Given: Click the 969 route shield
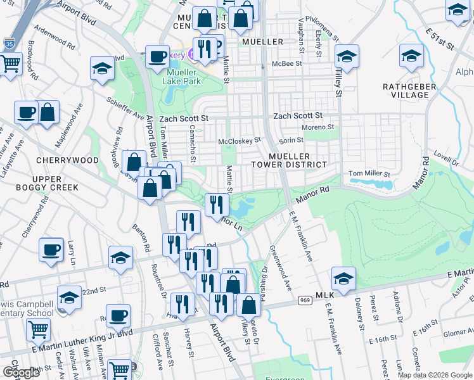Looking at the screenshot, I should click(305, 300).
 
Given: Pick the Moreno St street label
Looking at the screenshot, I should click(317, 127).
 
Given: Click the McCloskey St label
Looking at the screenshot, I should click(240, 141).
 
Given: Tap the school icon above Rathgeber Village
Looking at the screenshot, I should click(411, 56).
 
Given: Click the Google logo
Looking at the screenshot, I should click(21, 372).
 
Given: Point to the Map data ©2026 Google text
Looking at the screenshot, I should click(435, 375).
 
